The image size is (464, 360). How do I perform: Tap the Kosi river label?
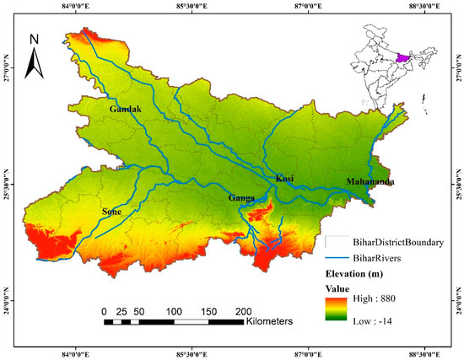285,179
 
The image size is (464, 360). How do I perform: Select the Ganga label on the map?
242,199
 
